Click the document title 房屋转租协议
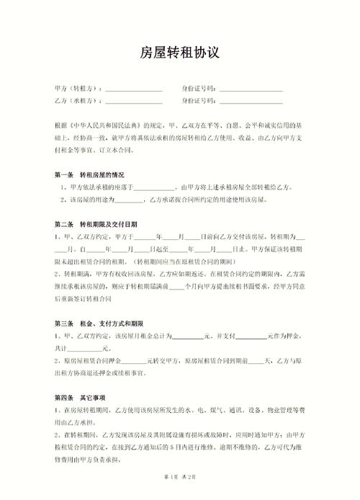pos(179,54)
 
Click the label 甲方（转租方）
pos(78,89)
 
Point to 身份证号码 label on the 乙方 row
pos(199,101)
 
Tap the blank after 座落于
pos(159,188)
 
